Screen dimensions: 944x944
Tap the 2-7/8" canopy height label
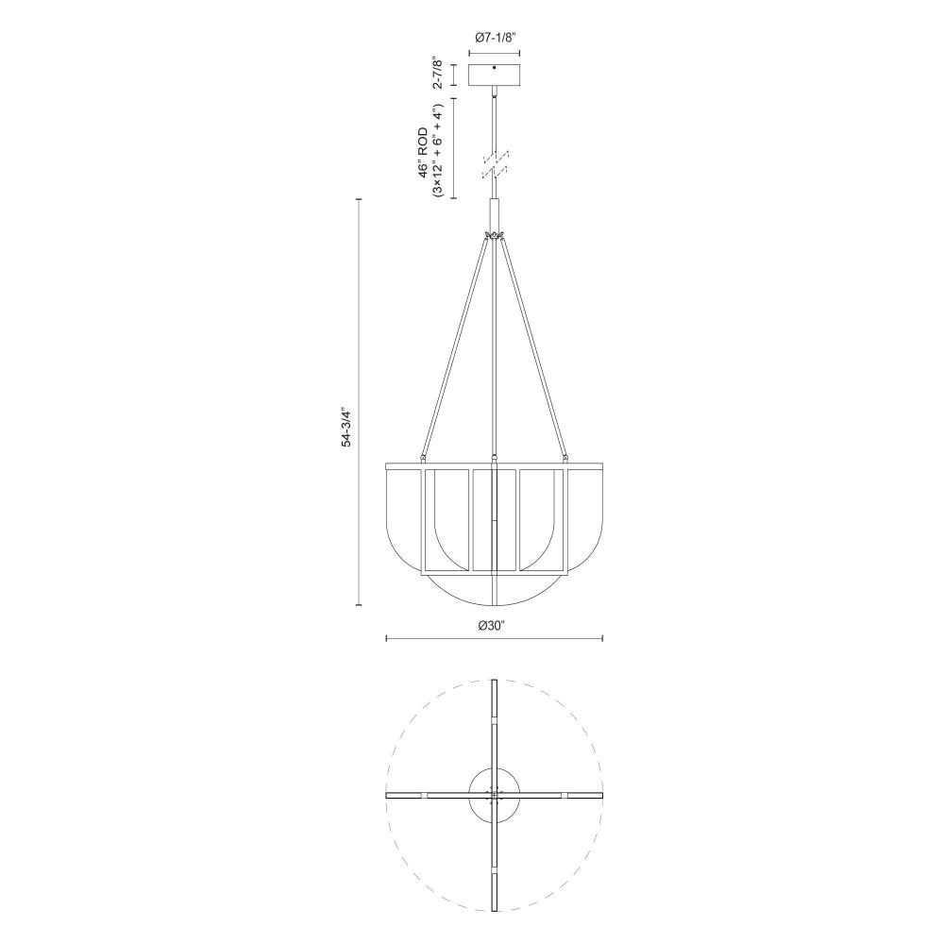(x=438, y=74)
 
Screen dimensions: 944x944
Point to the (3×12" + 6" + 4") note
(x=438, y=150)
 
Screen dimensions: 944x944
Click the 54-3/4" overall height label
(x=346, y=428)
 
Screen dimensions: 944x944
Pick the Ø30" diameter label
(x=491, y=626)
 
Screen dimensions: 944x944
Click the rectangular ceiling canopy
(x=495, y=75)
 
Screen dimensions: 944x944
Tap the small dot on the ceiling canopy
(x=495, y=67)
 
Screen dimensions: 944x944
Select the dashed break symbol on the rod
(x=495, y=164)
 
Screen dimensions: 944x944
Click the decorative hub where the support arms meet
(x=495, y=234)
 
